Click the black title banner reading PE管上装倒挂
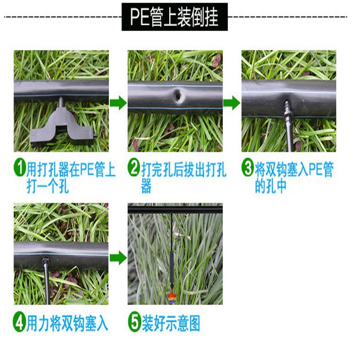pyautogui.click(x=175, y=17)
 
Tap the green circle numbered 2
pyautogui.click(x=134, y=169)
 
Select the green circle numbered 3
pyautogui.click(x=248, y=169)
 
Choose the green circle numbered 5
pyautogui.click(x=134, y=324)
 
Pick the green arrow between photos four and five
pyautogui.click(x=118, y=258)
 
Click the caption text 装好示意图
pyautogui.click(x=171, y=324)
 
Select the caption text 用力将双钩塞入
pyautogui.click(x=67, y=324)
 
